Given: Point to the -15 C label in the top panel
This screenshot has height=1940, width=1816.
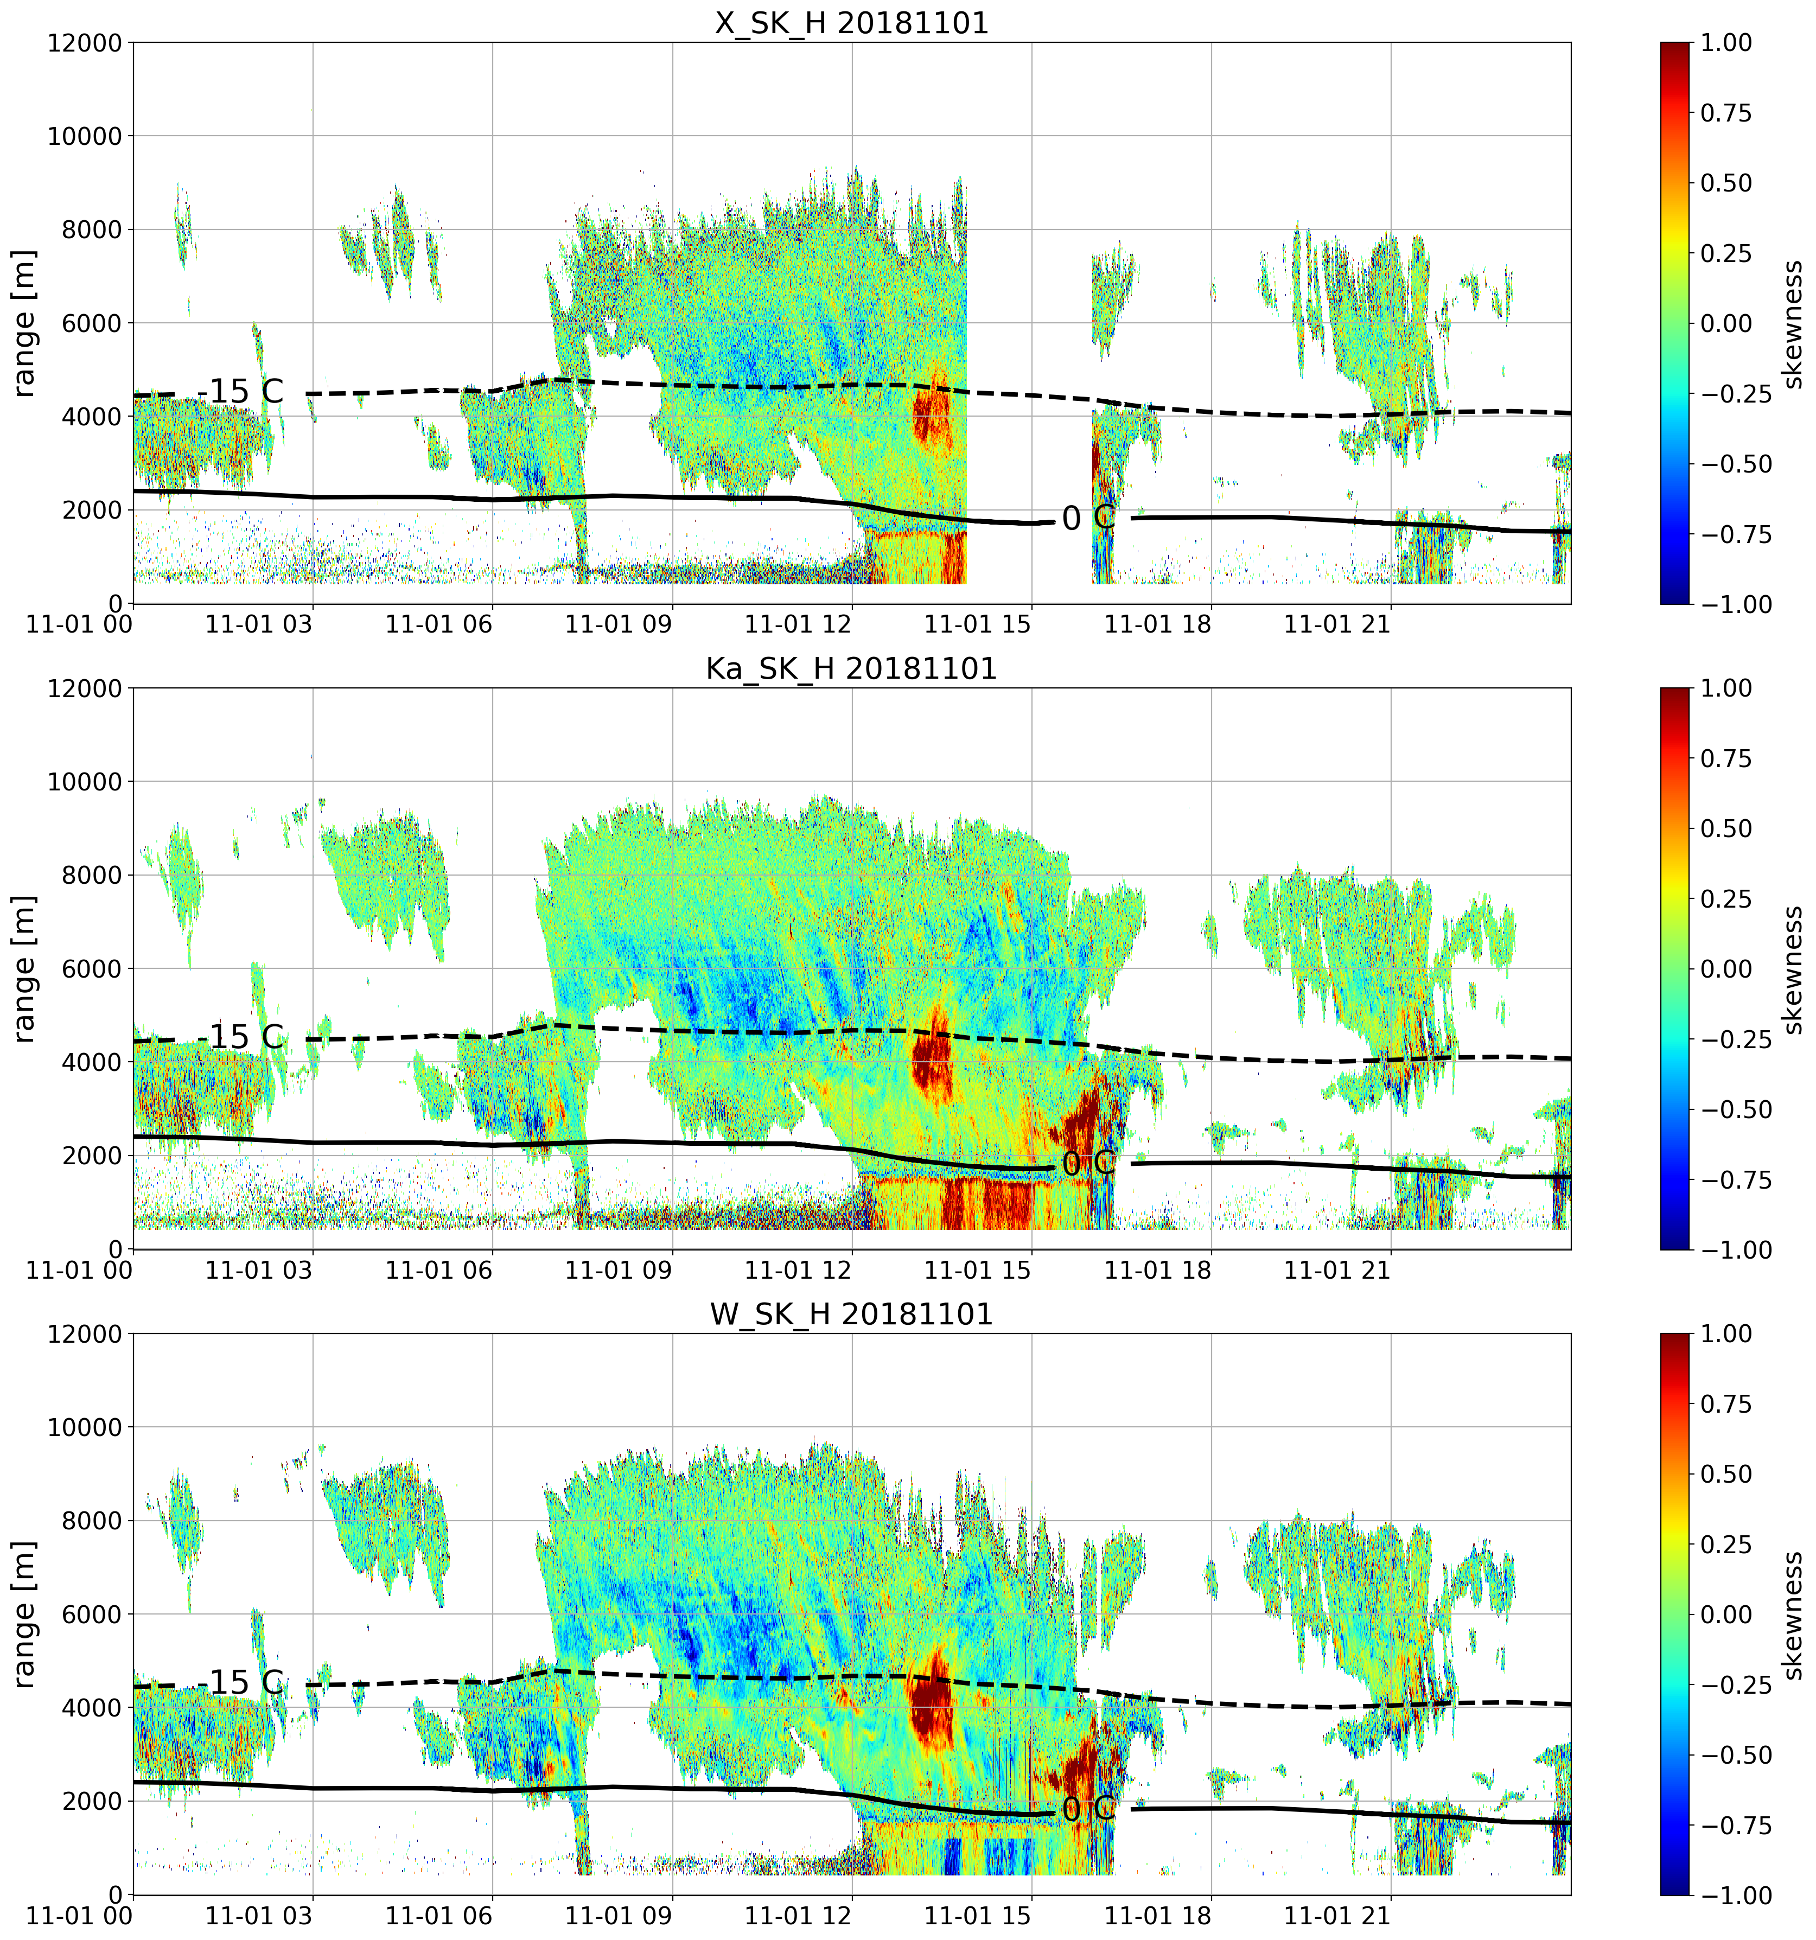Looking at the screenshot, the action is coord(240,391).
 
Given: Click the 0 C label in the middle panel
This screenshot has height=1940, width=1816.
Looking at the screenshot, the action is coord(1088,1164).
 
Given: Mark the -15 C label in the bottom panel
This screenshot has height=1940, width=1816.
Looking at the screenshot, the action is coord(240,1682).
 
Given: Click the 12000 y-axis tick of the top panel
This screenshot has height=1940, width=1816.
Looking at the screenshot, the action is coord(85,43).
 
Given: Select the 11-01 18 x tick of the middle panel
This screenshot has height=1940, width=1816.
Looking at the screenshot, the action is coord(1158,1271).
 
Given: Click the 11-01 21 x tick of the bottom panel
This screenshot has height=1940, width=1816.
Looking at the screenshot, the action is coord(1338,1917).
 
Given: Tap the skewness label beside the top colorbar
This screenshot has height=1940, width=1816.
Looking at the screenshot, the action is coord(1792,323).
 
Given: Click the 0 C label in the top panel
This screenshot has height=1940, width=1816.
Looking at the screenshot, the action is coord(1088,518).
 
